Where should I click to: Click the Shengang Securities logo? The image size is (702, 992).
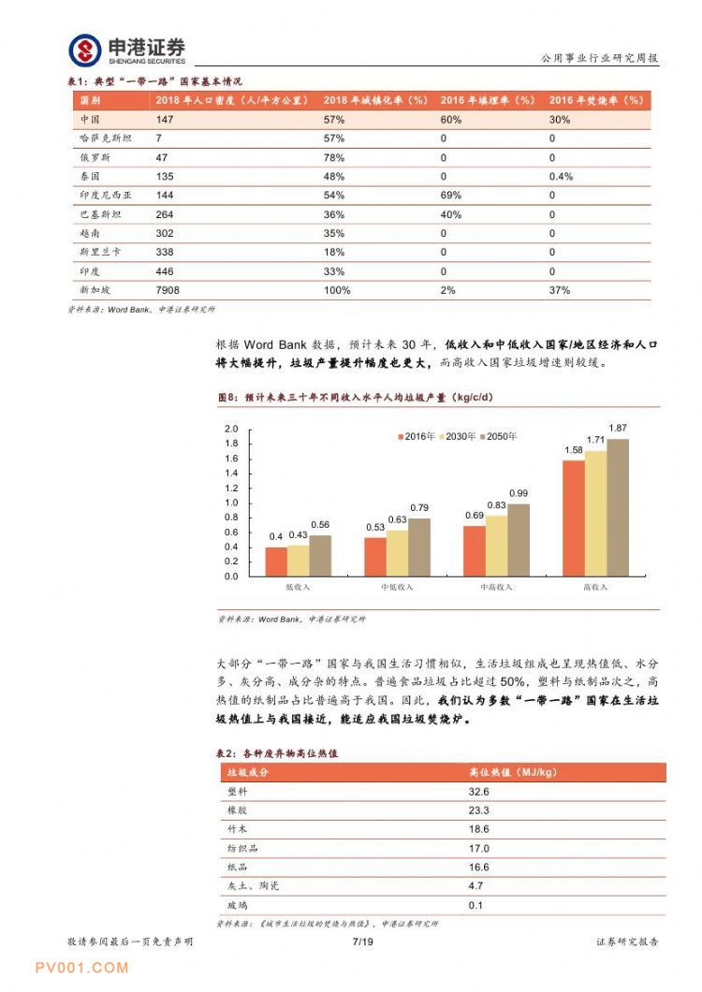pyautogui.click(x=127, y=50)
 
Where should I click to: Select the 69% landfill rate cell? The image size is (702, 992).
pyautogui.click(x=450, y=196)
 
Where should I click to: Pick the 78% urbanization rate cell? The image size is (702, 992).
pyautogui.click(x=334, y=157)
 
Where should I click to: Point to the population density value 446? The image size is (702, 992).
pyautogui.click(x=165, y=271)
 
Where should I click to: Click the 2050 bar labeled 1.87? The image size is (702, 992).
pyautogui.click(x=617, y=507)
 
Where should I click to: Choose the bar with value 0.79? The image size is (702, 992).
pyautogui.click(x=419, y=547)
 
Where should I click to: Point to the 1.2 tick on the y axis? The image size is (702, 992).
pyautogui.click(x=231, y=488)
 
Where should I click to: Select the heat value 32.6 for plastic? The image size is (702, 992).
pyautogui.click(x=479, y=791)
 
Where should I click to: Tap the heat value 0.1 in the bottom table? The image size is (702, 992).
pyautogui.click(x=475, y=905)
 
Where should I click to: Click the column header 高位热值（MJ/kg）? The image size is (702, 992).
pyautogui.click(x=514, y=772)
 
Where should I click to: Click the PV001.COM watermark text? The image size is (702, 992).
pyautogui.click(x=80, y=968)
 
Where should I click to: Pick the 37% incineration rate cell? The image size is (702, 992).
pyautogui.click(x=560, y=290)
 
